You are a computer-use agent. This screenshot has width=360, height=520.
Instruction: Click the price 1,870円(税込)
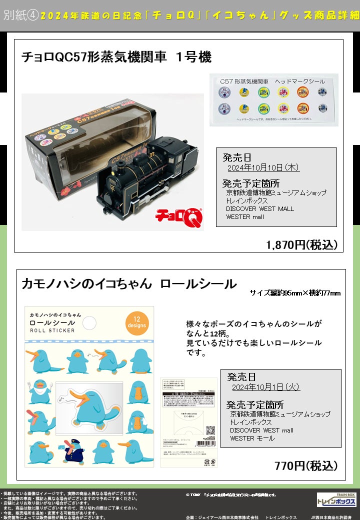pyautogui.click(x=302, y=244)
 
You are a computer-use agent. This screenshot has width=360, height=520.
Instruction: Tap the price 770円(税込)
pyautogui.click(x=306, y=466)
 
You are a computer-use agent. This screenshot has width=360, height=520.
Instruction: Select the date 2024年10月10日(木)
pyautogui.click(x=263, y=167)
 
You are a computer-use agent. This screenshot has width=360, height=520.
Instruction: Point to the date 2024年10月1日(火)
pyautogui.click(x=266, y=386)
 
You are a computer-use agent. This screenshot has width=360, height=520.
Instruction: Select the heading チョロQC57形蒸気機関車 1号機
pyautogui.click(x=116, y=57)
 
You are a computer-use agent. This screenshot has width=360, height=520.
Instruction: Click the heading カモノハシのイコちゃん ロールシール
pyautogui.click(x=129, y=284)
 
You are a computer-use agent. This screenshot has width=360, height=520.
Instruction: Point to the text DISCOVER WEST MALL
pyautogui.click(x=260, y=208)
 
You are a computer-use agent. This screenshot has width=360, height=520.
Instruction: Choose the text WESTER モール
pyautogui.click(x=252, y=438)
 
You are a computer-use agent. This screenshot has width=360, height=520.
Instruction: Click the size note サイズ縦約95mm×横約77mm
pyautogui.click(x=295, y=293)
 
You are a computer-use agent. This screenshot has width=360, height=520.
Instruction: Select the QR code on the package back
pyautogui.click(x=210, y=431)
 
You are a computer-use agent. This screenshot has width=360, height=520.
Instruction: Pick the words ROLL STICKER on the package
pyautogui.click(x=53, y=330)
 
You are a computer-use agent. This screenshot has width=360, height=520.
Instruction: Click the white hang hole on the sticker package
pyautogui.click(x=89, y=323)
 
